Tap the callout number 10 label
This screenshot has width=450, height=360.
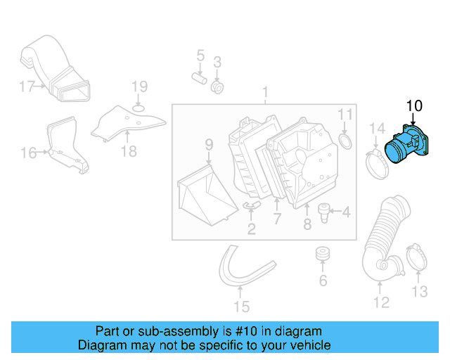pos(414,106)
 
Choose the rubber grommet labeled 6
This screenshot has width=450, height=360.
pos(323,253)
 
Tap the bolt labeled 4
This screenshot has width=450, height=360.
pos(324,210)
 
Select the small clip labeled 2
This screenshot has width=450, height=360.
pos(250,206)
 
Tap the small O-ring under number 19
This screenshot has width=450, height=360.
pos(139,107)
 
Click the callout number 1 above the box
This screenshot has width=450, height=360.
pos(266,92)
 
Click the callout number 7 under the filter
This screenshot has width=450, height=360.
pos(277,219)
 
